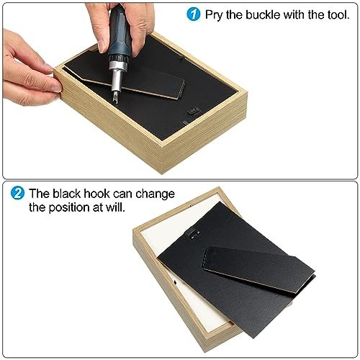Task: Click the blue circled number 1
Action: pos(193,14)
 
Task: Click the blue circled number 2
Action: pos(17,193)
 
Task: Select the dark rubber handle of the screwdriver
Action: pos(120,31)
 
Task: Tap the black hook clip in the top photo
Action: pos(193,111)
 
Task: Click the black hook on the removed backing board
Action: pos(194,234)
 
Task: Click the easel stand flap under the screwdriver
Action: pos(135,78)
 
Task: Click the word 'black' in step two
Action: pos(66,194)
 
